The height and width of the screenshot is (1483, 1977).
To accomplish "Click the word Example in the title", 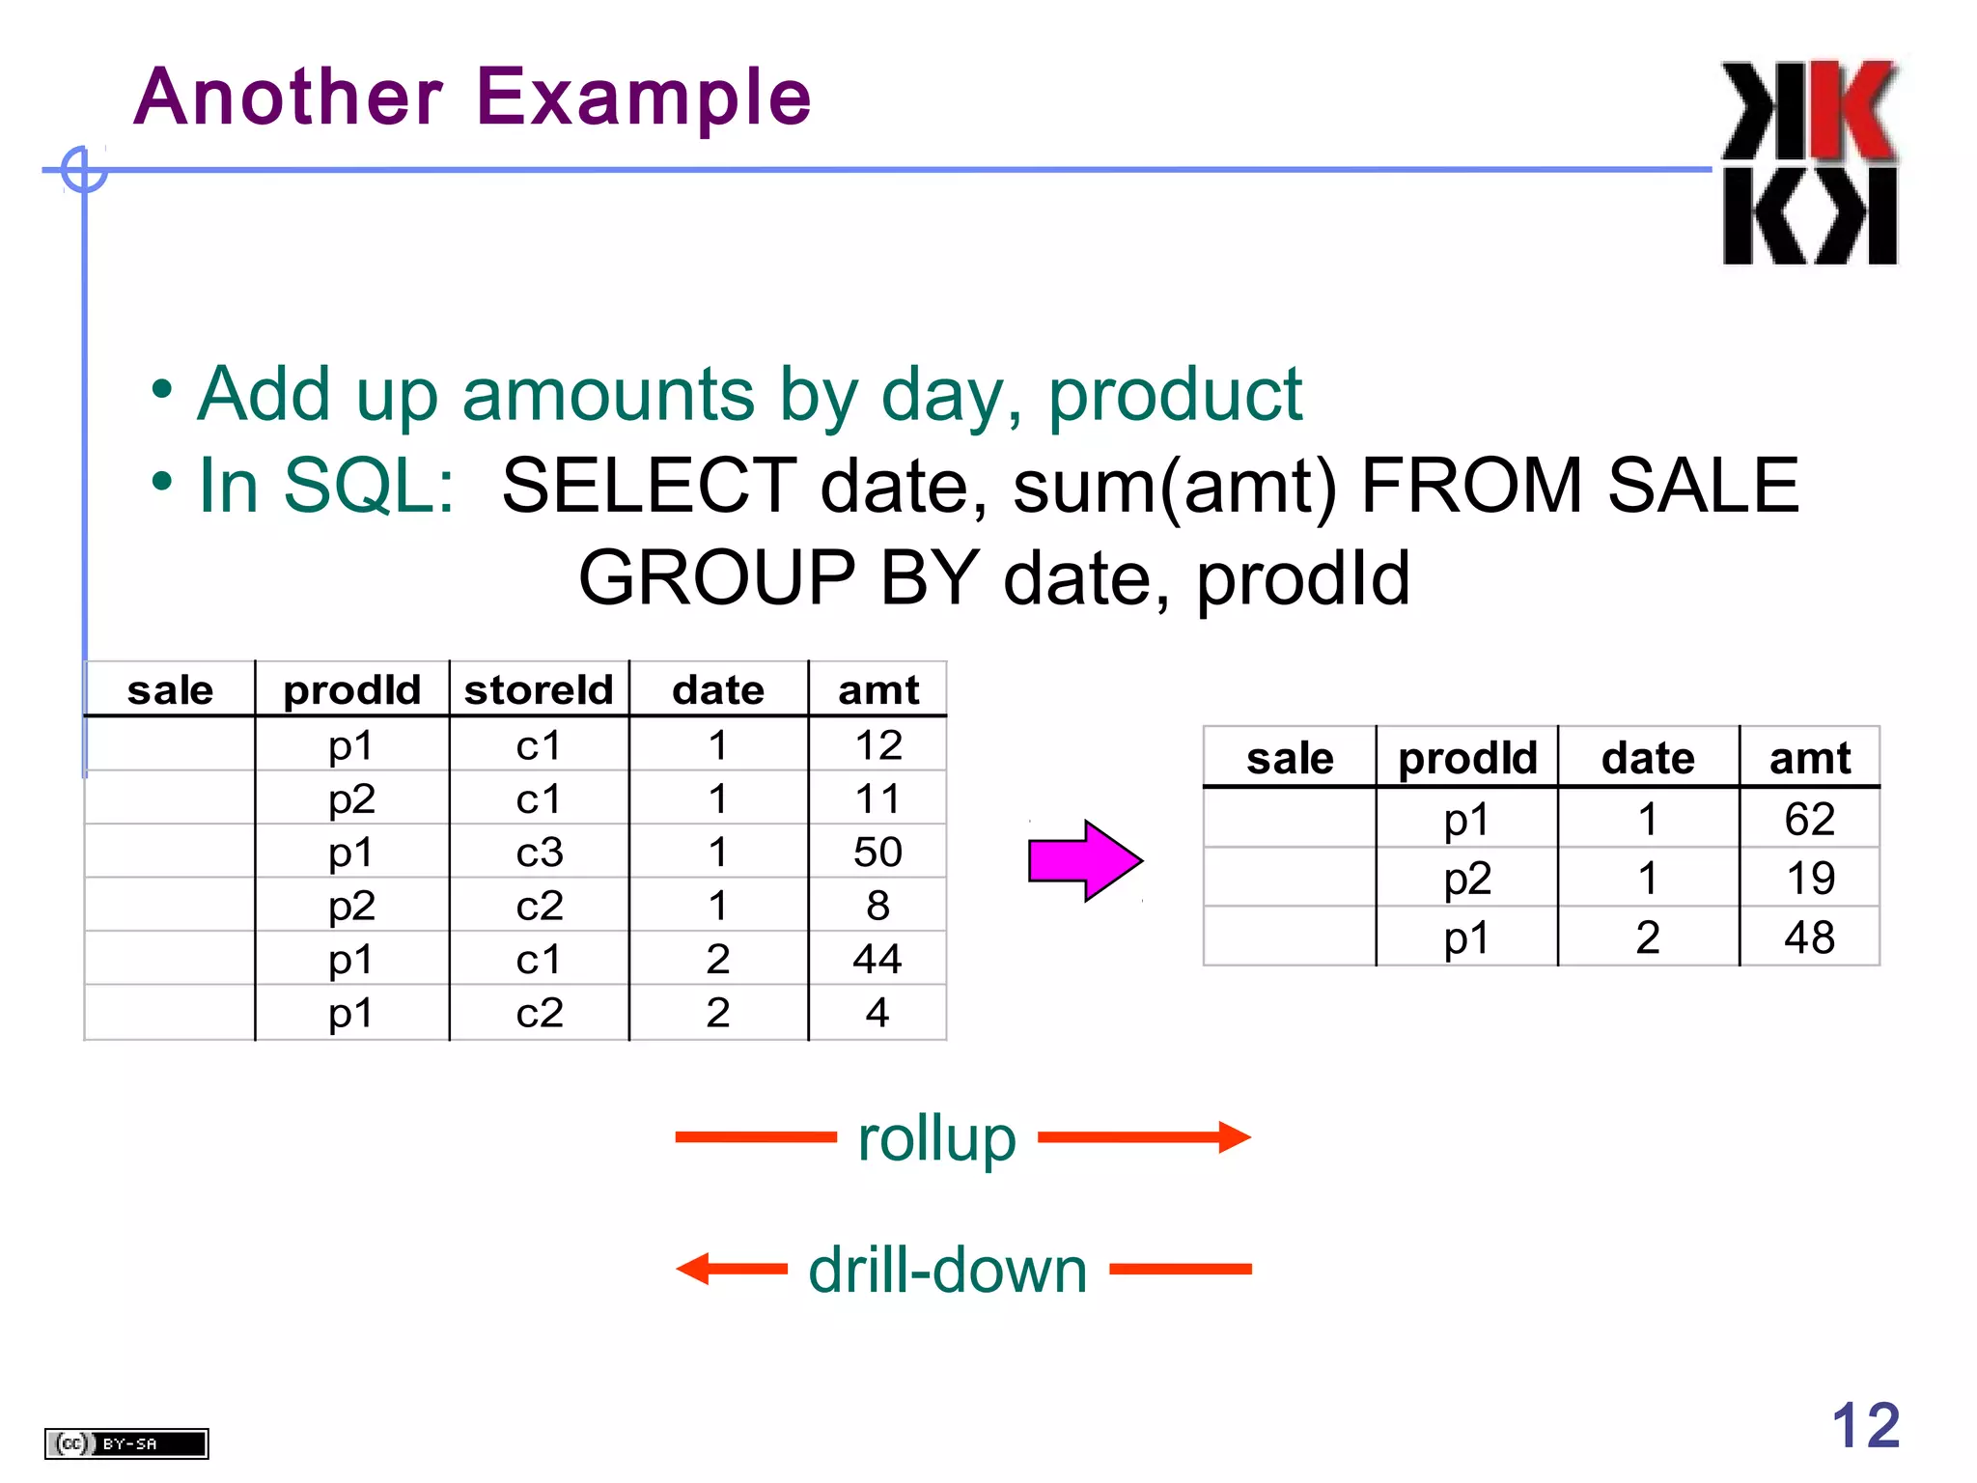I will click(644, 98).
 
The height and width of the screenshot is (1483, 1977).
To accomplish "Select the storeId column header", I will click(539, 690).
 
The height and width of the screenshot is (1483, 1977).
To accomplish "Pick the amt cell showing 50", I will click(877, 852).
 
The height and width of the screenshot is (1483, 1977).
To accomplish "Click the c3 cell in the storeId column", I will click(539, 853).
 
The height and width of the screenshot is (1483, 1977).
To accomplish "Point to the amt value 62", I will click(1809, 820).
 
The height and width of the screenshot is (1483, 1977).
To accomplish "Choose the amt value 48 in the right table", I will click(1809, 937).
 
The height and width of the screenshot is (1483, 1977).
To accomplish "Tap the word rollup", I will click(936, 1138).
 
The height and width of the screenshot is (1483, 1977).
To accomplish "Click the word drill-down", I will click(947, 1270).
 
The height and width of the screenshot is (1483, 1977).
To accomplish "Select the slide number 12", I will click(1865, 1425).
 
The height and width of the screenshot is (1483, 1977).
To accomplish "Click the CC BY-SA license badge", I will click(126, 1443).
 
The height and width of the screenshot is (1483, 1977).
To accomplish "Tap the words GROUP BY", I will click(778, 578).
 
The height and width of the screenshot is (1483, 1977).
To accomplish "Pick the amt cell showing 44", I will click(877, 959).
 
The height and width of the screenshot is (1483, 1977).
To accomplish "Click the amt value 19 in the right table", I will click(1809, 879).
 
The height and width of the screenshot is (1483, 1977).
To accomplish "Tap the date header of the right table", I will click(1648, 758).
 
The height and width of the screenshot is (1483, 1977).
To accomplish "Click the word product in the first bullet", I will click(1175, 394).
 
